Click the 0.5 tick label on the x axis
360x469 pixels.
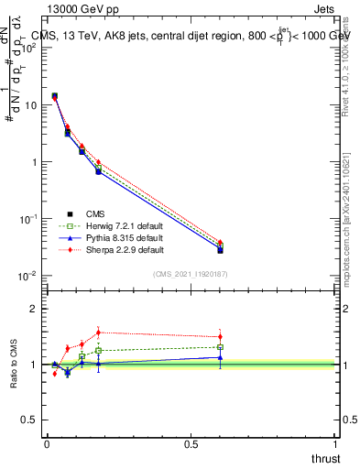pyautogui.click(x=191, y=444)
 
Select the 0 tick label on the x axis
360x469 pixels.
pyautogui.click(x=47, y=444)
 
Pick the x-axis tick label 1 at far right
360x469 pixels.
pyautogui.click(x=335, y=444)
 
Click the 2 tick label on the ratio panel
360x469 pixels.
pyautogui.click(x=35, y=309)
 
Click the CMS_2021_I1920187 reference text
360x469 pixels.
pyautogui.click(x=190, y=274)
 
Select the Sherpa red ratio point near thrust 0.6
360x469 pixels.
pyautogui.click(x=220, y=337)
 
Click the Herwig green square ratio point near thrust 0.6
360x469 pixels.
pyautogui.click(x=220, y=347)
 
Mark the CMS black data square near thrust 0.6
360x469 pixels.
pyautogui.click(x=220, y=250)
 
